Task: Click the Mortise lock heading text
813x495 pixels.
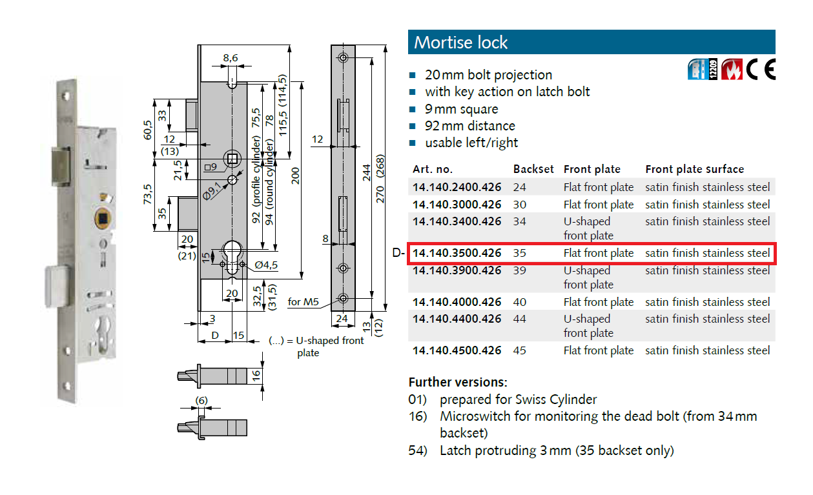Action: (461, 43)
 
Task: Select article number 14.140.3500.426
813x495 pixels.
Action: (457, 253)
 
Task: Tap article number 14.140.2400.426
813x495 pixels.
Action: (457, 187)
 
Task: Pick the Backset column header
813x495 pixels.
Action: (533, 169)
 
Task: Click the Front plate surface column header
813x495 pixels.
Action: (694, 169)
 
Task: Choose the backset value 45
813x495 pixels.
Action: (520, 350)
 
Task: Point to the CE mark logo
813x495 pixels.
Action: (761, 69)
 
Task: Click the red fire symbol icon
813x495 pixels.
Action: (731, 69)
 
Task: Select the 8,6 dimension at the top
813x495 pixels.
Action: (231, 58)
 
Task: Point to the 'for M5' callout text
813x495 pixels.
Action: (304, 301)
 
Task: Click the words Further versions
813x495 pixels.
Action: (458, 381)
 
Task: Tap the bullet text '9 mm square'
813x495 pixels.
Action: (461, 109)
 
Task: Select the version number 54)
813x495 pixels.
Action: (418, 450)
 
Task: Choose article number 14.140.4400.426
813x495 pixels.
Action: (457, 319)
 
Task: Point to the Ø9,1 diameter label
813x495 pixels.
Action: (211, 192)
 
